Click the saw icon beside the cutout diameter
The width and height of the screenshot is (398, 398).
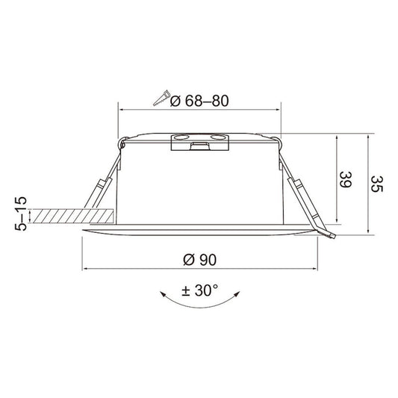point(161,98)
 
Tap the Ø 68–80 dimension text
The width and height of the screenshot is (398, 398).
point(199,101)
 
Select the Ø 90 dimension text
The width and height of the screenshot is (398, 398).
point(200,260)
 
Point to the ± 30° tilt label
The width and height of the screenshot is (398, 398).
point(200,290)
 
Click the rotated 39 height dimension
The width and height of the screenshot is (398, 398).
point(346,179)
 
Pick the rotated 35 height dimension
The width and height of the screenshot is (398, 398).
point(377,184)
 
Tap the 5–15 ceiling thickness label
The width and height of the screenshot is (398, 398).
point(21,214)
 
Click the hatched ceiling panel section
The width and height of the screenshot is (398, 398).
point(72,216)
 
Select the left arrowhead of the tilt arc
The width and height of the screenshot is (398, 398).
point(163,294)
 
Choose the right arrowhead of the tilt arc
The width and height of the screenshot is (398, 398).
point(237,294)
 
